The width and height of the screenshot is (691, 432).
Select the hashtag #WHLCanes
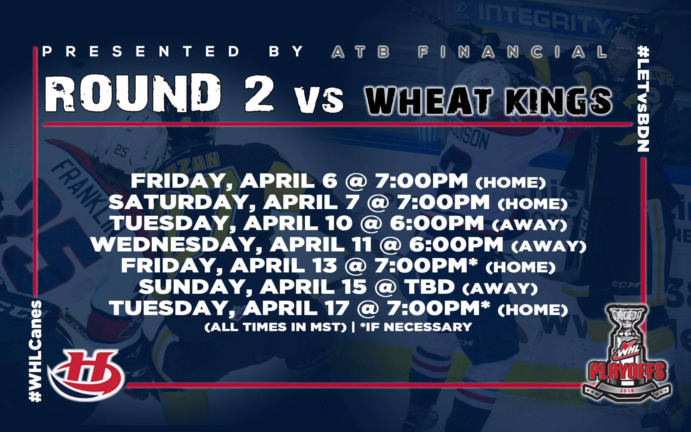pos(36,351)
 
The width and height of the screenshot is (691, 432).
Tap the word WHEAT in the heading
pos(428,101)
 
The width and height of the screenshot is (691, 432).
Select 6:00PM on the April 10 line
pos(437,223)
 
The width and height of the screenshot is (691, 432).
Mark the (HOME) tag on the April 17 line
pos(533,310)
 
